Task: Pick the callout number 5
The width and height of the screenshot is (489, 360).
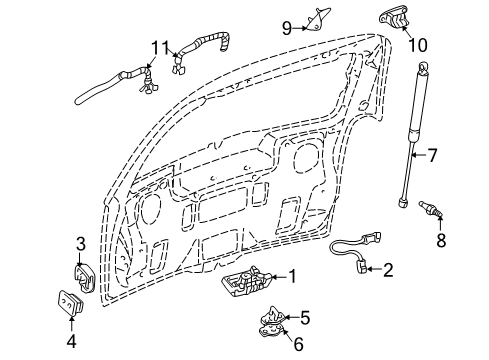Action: coord(305,318)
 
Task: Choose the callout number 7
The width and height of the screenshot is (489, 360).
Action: coord(433,154)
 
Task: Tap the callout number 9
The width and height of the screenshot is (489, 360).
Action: coord(286,26)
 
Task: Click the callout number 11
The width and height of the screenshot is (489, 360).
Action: coord(161,47)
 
